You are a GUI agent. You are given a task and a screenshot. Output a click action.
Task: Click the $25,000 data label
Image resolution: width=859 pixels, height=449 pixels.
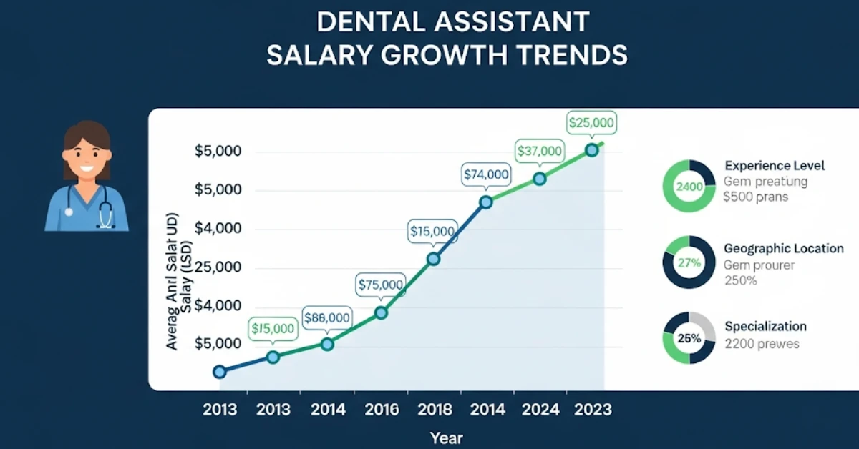pos(591,123)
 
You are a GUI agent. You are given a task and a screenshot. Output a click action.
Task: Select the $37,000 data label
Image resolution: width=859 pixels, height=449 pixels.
pos(539,152)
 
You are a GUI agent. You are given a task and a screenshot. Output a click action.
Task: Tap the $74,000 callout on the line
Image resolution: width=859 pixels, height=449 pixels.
pos(486,174)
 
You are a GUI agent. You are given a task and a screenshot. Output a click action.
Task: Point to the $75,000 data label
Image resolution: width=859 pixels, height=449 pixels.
pos(381,284)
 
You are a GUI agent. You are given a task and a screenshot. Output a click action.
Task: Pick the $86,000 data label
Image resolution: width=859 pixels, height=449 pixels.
pos(327,318)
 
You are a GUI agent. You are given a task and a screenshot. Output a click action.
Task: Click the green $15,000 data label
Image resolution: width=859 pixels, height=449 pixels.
pos(273,329)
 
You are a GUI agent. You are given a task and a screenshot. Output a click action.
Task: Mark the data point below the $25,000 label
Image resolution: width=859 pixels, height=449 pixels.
pos(592,150)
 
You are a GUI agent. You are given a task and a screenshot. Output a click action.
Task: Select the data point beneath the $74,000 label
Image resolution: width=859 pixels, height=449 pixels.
pos(486,202)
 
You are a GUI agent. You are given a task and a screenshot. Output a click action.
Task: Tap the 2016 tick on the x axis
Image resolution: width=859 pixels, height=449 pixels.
pos(382,410)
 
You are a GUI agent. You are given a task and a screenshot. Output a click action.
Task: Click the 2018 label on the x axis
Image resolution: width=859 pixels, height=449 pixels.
pos(435,410)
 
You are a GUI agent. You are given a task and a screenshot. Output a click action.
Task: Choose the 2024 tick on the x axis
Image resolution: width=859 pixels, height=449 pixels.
pos(540,410)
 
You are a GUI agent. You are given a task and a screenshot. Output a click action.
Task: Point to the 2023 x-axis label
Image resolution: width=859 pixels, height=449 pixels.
pos(593,410)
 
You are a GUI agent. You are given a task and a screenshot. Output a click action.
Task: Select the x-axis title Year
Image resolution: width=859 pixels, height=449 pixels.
pos(446,438)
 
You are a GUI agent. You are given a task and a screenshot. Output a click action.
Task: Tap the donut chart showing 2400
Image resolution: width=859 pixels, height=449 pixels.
pos(689,186)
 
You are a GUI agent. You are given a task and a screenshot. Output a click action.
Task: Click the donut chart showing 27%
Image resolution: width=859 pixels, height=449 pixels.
pos(689,262)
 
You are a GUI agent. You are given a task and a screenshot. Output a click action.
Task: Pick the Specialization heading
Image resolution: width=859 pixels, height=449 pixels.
pos(765,327)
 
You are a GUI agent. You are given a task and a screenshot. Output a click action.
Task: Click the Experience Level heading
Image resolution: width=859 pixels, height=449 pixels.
pos(775,166)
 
